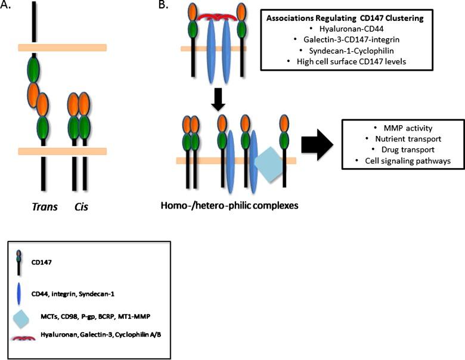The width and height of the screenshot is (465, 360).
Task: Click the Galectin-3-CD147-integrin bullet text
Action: [346, 39]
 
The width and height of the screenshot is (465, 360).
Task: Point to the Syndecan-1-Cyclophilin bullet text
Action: [347, 51]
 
